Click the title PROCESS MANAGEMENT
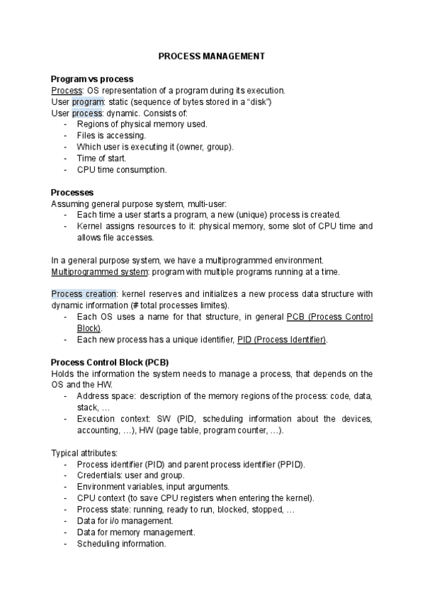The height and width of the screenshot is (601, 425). [x=212, y=55]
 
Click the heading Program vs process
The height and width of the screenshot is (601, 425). [x=92, y=79]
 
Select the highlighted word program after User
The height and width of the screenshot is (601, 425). [x=88, y=101]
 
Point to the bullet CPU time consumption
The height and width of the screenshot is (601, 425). [x=121, y=169]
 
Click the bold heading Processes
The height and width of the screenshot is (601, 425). [x=73, y=192]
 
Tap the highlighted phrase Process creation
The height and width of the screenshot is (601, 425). [x=78, y=294]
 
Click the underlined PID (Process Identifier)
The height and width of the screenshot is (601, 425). [x=282, y=339]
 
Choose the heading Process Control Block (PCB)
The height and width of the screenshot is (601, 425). [x=110, y=362]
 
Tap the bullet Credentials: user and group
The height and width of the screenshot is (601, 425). [x=130, y=476]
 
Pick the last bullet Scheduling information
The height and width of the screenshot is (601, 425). [x=121, y=544]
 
